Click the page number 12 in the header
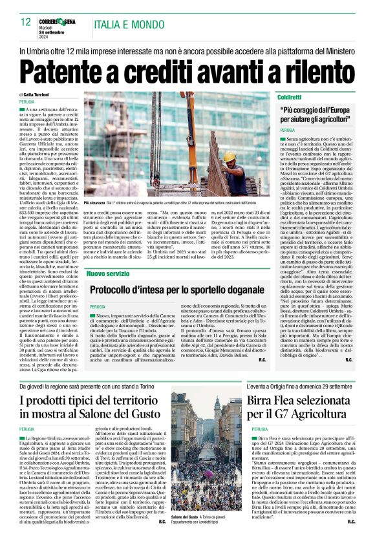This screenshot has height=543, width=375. [x=25, y=22]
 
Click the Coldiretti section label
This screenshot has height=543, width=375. [x=289, y=96]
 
